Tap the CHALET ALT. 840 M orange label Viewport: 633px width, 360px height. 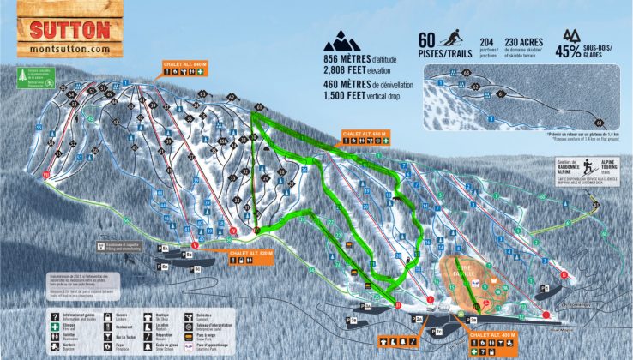pos(184,63)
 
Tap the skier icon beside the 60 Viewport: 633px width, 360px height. pos(451,39)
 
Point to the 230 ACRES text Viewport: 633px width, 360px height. pos(525,40)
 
